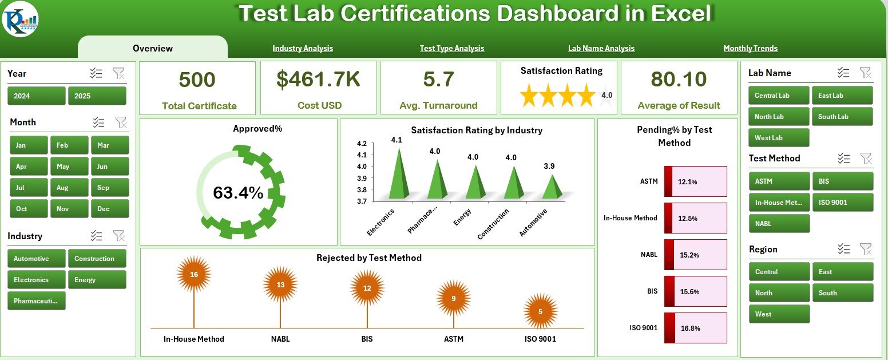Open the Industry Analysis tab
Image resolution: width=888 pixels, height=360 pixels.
303,49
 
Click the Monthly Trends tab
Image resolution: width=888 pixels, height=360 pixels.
750,49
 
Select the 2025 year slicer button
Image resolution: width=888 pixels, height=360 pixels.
97,96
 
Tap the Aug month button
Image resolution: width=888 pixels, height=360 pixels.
69,188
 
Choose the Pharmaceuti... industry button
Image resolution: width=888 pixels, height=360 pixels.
37,301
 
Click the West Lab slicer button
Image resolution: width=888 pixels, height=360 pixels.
778,138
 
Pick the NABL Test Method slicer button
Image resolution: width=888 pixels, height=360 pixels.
778,224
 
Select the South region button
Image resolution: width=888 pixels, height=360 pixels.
842,293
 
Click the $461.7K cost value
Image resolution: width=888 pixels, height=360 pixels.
319,80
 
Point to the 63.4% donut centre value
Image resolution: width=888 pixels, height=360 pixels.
238,193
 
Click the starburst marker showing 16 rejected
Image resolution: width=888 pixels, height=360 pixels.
194,275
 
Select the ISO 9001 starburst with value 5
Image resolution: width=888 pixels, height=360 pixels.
541,311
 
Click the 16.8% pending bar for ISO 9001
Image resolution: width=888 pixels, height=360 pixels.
695,328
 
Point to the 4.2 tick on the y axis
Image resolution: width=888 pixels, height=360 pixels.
362,143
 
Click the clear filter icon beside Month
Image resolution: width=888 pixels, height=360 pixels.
121,122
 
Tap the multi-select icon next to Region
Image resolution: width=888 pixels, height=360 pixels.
843,249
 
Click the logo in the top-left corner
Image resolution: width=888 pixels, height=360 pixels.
21,19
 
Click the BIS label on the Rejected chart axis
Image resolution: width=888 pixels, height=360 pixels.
367,339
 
